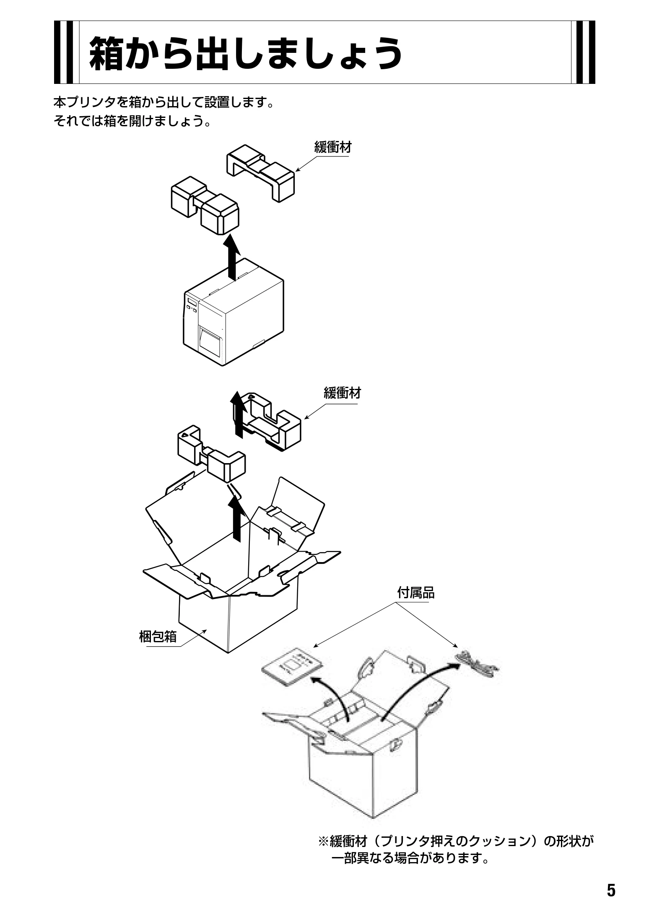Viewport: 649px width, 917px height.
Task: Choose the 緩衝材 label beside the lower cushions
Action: [x=343, y=393]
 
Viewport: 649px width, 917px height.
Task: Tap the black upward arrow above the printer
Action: [x=231, y=256]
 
